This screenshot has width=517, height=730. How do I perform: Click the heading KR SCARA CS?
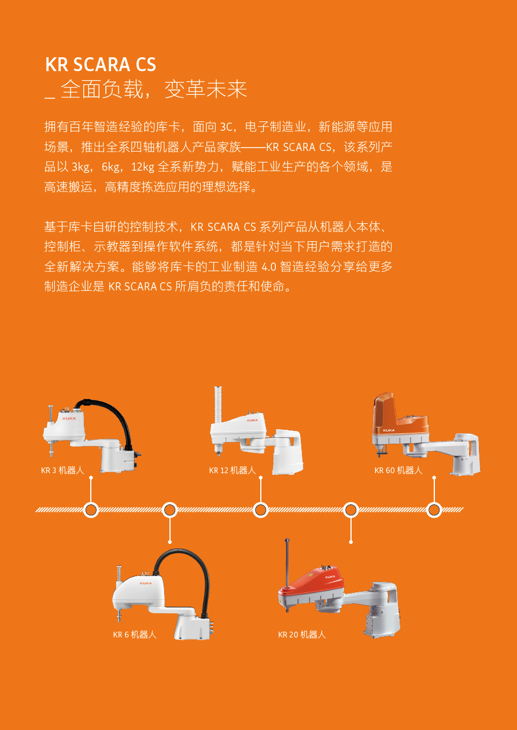tap(101, 64)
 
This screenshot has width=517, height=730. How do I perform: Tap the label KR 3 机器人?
tap(62, 470)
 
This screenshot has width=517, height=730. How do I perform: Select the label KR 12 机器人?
tap(232, 470)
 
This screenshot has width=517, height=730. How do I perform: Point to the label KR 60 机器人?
tap(398, 470)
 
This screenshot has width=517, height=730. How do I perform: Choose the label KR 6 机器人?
tap(134, 635)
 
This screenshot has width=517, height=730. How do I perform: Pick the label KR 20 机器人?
tap(301, 635)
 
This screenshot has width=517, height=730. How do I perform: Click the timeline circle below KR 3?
tap(91, 510)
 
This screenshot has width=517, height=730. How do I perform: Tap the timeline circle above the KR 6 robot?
tap(169, 510)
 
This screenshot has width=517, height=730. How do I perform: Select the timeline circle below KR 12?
tap(260, 510)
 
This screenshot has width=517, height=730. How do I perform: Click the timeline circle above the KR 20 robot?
tap(350, 510)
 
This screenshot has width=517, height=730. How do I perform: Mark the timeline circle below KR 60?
tap(434, 510)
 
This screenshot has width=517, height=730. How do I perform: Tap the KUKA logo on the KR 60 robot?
tap(388, 430)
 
